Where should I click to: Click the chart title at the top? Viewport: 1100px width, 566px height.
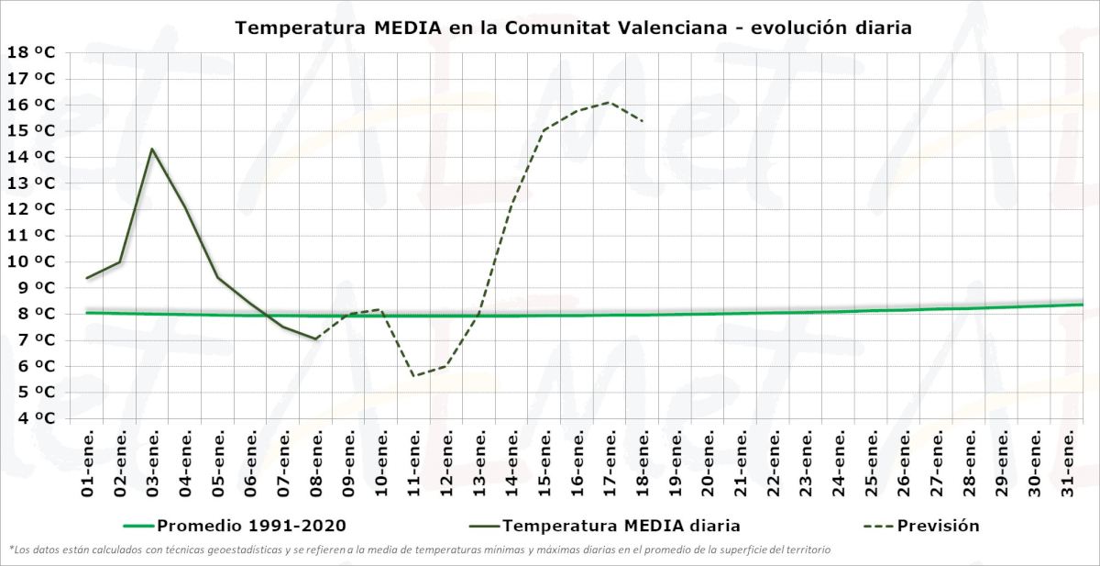pos(573,28)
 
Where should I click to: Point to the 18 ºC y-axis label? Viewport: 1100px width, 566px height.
pos(31,52)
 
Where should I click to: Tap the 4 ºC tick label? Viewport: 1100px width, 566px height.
pos(31,418)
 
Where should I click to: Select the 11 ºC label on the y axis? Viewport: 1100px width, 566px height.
pos(31,236)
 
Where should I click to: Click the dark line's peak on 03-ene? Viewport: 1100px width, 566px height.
pos(152,149)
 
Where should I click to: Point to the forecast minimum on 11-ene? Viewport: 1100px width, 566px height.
pos(413,375)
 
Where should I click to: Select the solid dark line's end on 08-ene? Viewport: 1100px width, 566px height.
pos(315,338)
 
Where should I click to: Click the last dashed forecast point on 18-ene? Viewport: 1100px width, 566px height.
pos(643,121)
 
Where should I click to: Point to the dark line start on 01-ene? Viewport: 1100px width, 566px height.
pos(88,278)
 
